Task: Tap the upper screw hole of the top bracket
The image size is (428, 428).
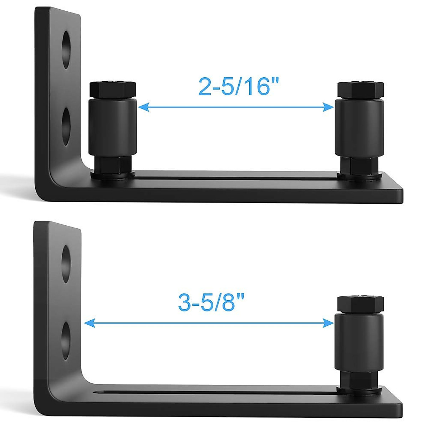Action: [x=66, y=50]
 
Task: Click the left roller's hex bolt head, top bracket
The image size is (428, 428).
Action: [x=112, y=91]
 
